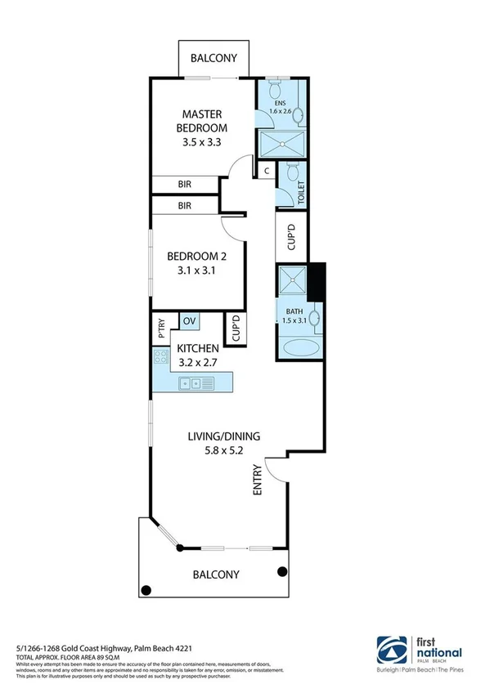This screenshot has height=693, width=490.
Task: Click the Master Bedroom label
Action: point(204,121)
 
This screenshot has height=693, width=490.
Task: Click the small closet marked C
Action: point(267,171)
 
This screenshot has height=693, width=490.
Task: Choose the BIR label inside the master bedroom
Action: point(185,185)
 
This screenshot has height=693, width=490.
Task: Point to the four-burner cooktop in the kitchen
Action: point(160,356)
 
